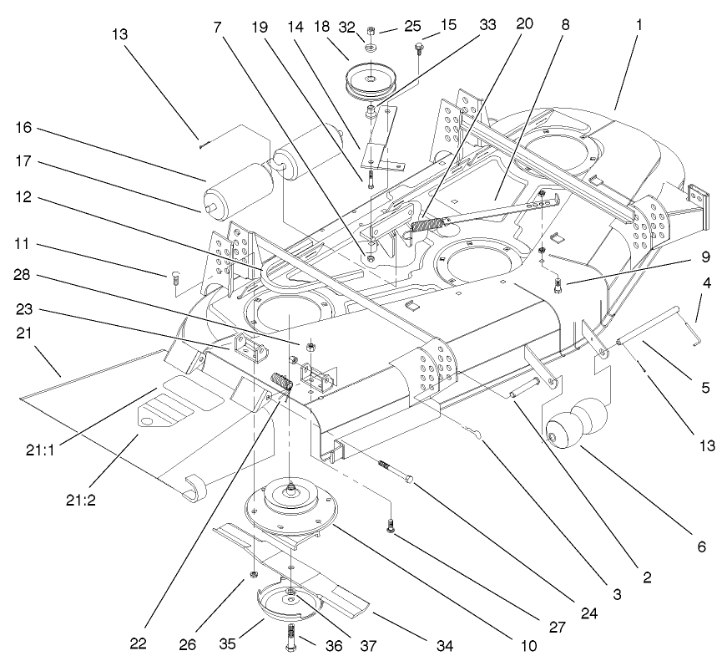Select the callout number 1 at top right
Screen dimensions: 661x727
pos(639,25)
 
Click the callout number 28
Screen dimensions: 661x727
pos(23,275)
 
